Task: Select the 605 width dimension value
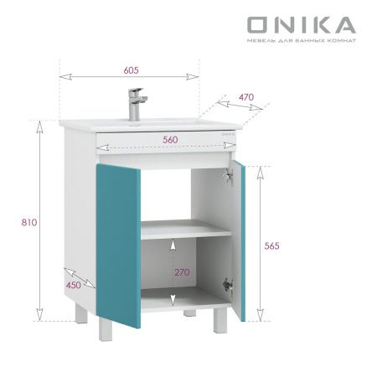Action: click(131, 70)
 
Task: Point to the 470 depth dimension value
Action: click(245, 96)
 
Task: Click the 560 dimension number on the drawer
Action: click(170, 139)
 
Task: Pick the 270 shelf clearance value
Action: click(182, 272)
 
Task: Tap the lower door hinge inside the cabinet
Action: click(226, 284)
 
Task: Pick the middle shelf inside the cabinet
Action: click(184, 230)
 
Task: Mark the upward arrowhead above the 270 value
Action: click(173, 244)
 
